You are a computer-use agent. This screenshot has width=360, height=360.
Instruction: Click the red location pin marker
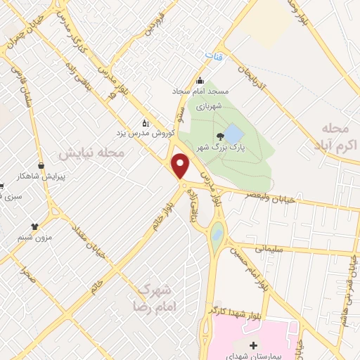tap(181, 166)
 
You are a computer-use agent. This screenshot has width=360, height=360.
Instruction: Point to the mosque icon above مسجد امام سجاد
tap(200, 80)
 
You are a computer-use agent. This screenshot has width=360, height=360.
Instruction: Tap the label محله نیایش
tap(91, 153)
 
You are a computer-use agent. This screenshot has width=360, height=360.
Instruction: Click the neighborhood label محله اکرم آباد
tap(333, 137)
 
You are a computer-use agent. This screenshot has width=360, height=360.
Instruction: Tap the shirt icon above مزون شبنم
tap(34, 226)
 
